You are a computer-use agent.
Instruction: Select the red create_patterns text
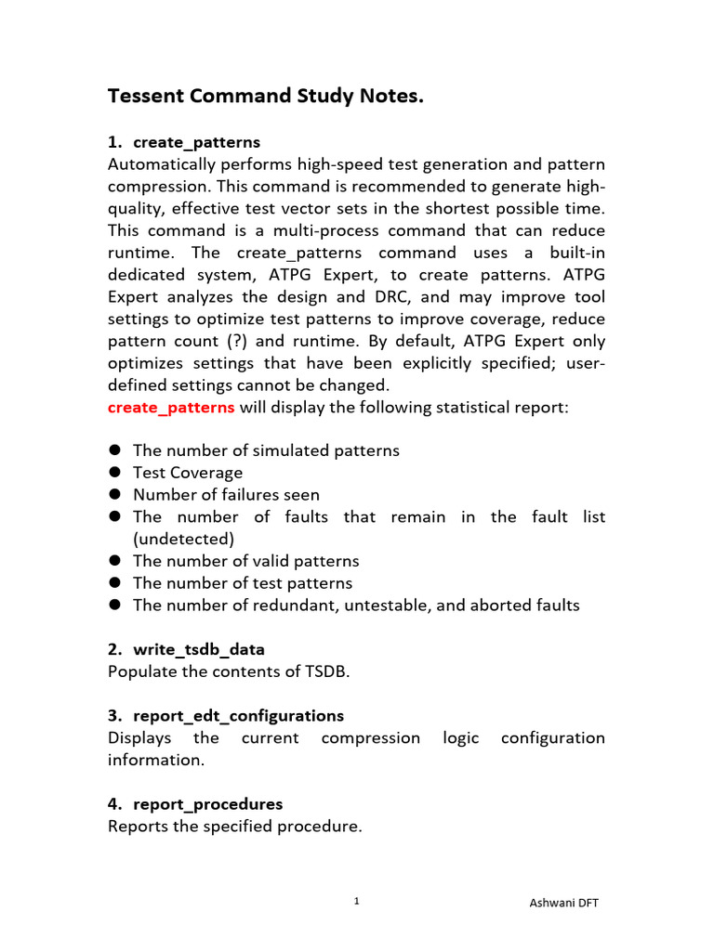(x=171, y=407)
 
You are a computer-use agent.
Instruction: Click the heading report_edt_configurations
(x=238, y=715)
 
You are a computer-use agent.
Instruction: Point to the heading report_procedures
(x=207, y=803)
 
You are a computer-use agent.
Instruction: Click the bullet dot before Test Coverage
(x=115, y=473)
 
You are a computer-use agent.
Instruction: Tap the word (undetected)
(x=183, y=539)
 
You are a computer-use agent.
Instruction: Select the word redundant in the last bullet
(x=298, y=606)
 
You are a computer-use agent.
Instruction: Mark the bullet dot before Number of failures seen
(x=115, y=495)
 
